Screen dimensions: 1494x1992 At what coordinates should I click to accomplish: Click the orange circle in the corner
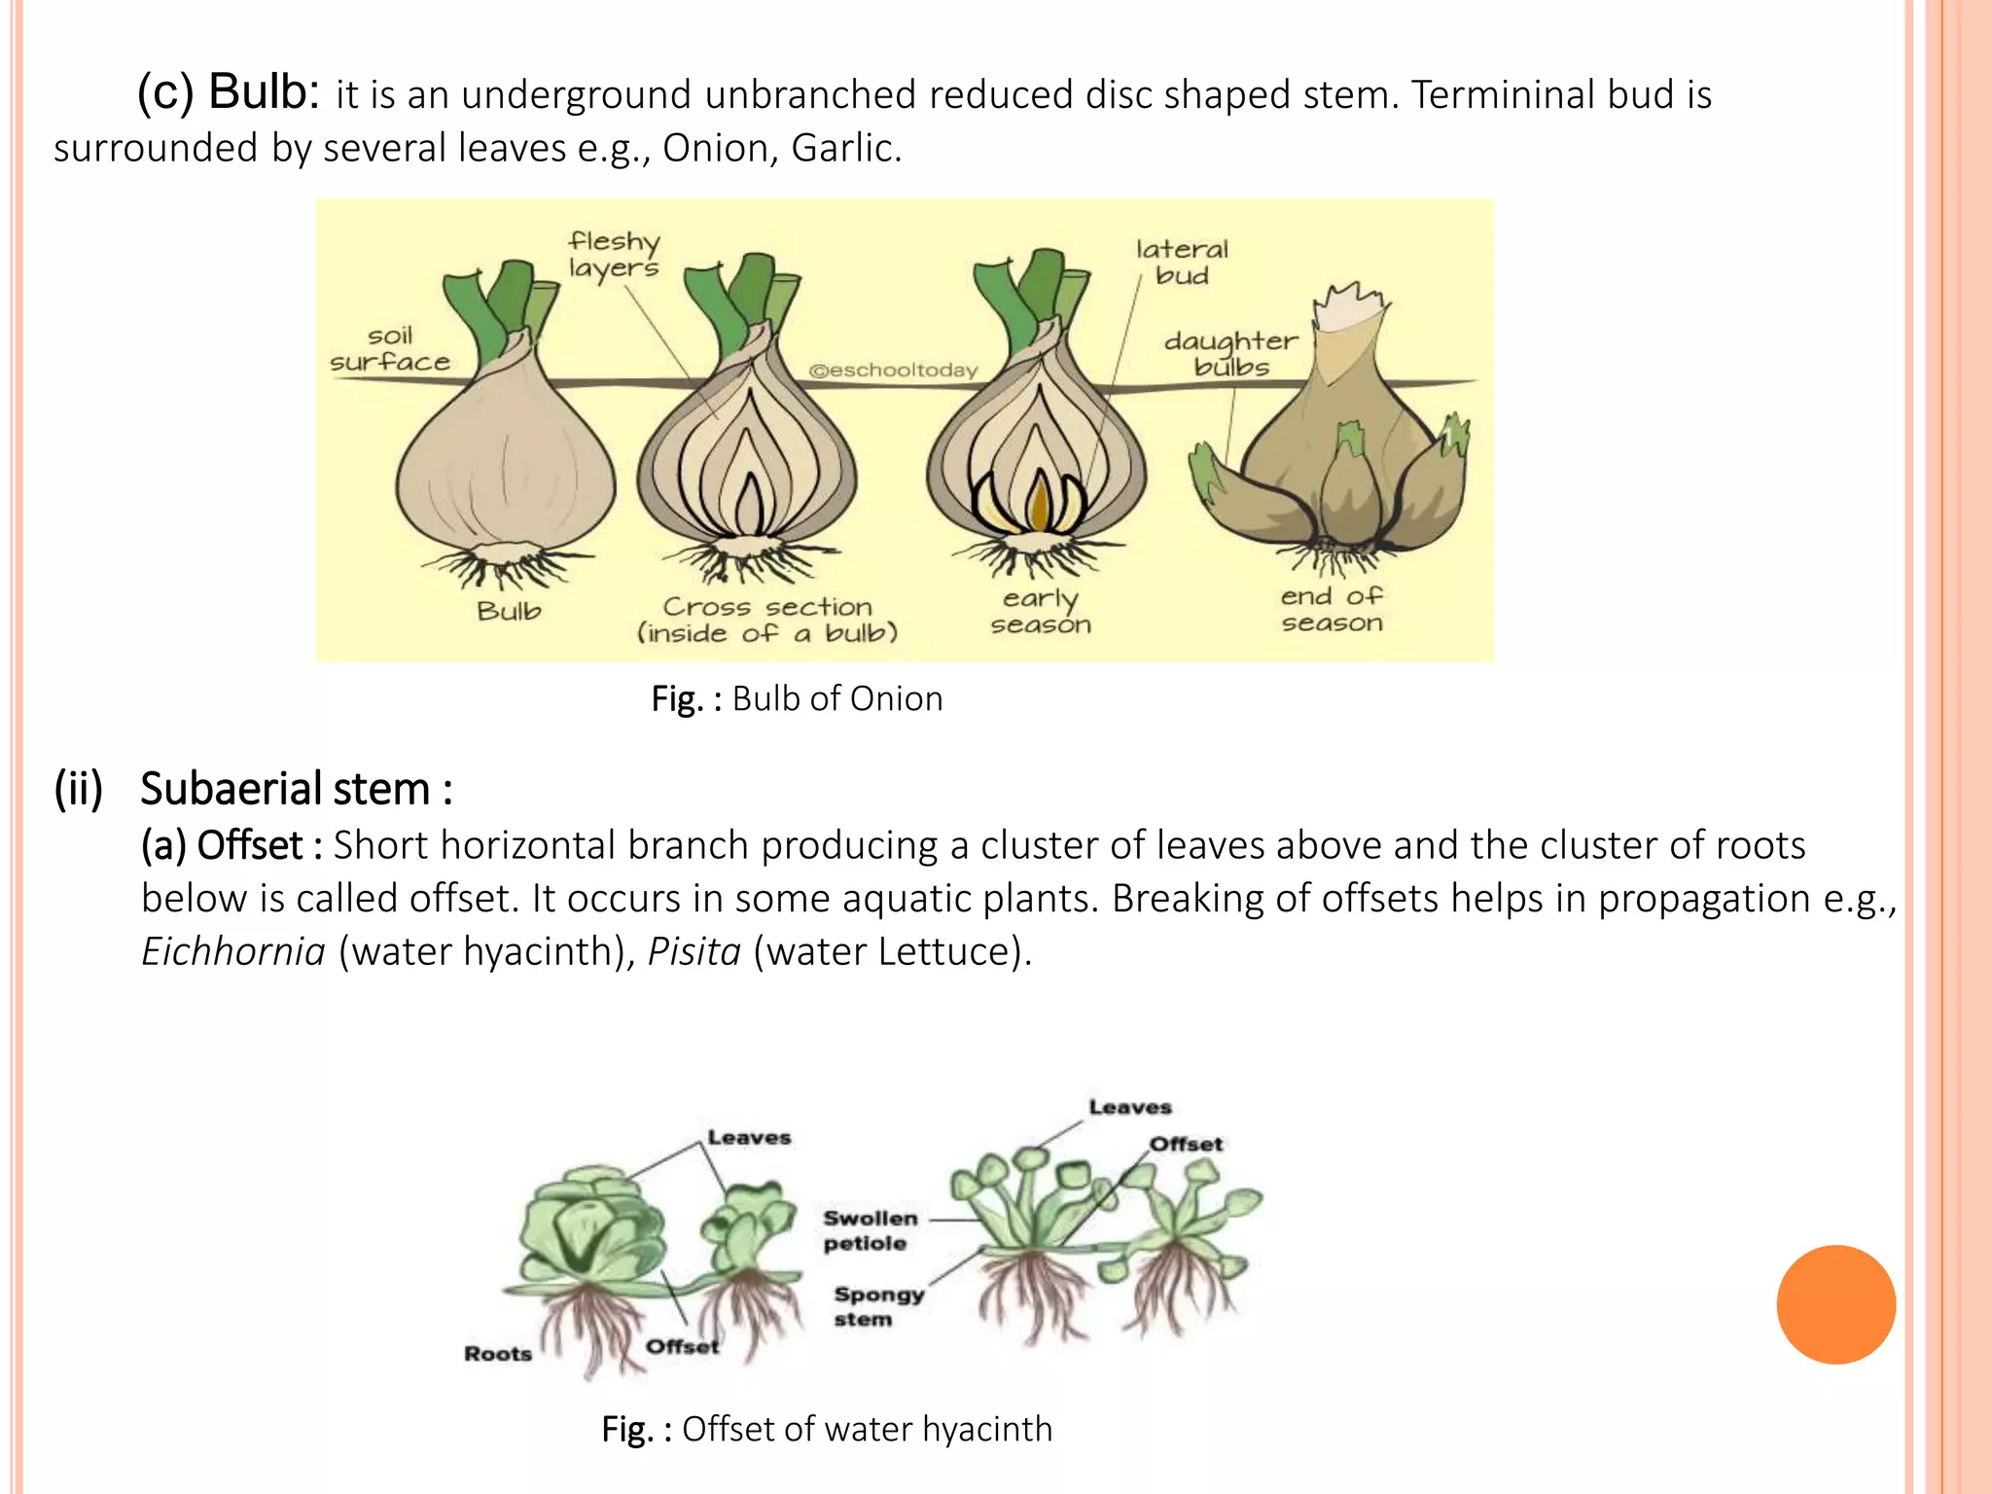1835,1304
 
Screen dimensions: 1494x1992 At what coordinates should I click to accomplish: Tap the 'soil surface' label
390,349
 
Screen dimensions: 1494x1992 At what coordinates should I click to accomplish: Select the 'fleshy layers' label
614,254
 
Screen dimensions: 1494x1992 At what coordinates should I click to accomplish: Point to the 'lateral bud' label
1182,263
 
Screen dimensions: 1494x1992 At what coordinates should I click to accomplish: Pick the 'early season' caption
1041,612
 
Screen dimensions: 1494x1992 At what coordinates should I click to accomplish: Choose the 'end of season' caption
1332,610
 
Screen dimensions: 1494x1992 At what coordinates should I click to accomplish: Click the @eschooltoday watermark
893,371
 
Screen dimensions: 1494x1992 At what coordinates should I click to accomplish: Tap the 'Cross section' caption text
767,607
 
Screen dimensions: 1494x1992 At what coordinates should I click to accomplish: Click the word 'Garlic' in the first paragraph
845,148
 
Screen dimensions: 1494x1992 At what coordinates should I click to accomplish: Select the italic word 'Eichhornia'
233,951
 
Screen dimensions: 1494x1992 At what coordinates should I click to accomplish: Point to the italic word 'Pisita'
694,951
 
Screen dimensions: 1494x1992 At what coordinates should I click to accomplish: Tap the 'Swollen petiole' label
870,1230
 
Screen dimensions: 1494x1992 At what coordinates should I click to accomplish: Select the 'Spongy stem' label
877,1306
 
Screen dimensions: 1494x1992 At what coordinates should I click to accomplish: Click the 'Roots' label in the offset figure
498,1354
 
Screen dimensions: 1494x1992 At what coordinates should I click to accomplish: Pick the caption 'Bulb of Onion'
836,699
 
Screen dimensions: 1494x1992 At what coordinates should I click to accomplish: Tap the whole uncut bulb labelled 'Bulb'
505,457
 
